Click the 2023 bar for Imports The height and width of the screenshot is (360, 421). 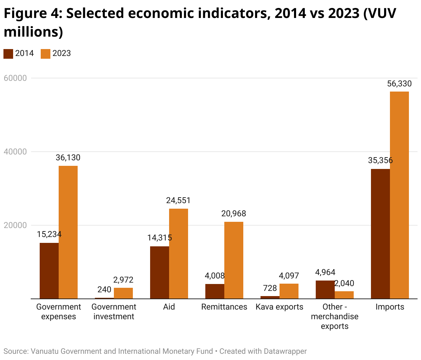[399, 195]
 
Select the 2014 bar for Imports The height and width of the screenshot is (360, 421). [380, 234]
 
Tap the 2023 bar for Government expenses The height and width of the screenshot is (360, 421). [68, 232]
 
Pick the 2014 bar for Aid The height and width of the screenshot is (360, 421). [159, 272]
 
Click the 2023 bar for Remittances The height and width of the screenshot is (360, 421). [234, 260]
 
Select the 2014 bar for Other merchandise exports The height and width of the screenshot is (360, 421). [325, 290]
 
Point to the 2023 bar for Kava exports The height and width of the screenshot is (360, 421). [289, 291]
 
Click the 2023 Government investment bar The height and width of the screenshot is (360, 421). [123, 293]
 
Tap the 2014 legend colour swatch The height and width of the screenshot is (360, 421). [8, 54]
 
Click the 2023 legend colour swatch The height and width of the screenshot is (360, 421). [46, 54]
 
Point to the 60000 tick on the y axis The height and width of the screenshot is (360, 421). [15, 78]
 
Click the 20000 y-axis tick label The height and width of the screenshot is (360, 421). [15, 225]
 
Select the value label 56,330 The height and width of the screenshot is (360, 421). [399, 84]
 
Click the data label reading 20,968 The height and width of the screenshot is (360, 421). [234, 214]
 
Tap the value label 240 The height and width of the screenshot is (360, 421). [104, 290]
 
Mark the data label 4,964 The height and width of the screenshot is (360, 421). [325, 272]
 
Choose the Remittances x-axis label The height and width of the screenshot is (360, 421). [224, 307]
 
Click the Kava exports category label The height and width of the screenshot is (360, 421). [279, 307]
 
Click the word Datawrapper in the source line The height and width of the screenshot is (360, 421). [285, 351]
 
